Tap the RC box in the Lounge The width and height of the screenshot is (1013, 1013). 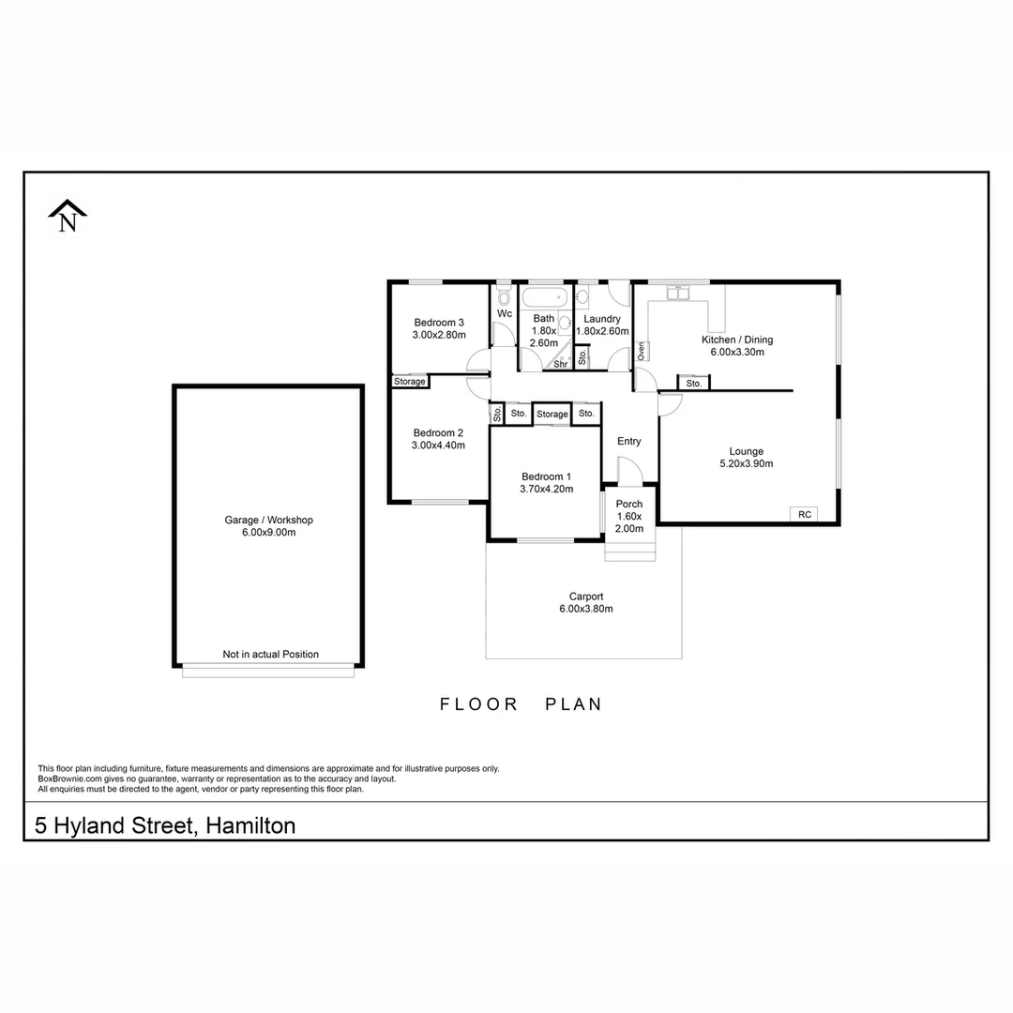(804, 514)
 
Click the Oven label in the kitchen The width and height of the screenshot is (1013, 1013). (642, 351)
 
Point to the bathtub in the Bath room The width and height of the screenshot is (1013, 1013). (544, 299)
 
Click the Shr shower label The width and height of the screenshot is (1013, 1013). (560, 364)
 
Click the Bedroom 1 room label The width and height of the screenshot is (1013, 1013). (546, 476)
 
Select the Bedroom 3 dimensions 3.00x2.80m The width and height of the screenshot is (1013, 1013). (438, 335)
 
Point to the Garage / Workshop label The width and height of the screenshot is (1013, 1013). (268, 520)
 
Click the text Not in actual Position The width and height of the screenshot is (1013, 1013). (270, 655)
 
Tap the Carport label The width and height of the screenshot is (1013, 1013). (585, 596)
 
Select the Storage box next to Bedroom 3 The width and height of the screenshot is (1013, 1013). (410, 382)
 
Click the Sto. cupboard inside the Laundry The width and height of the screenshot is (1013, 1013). (582, 356)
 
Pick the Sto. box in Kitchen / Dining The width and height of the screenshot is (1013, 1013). (693, 384)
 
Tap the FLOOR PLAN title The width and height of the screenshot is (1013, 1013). (521, 704)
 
